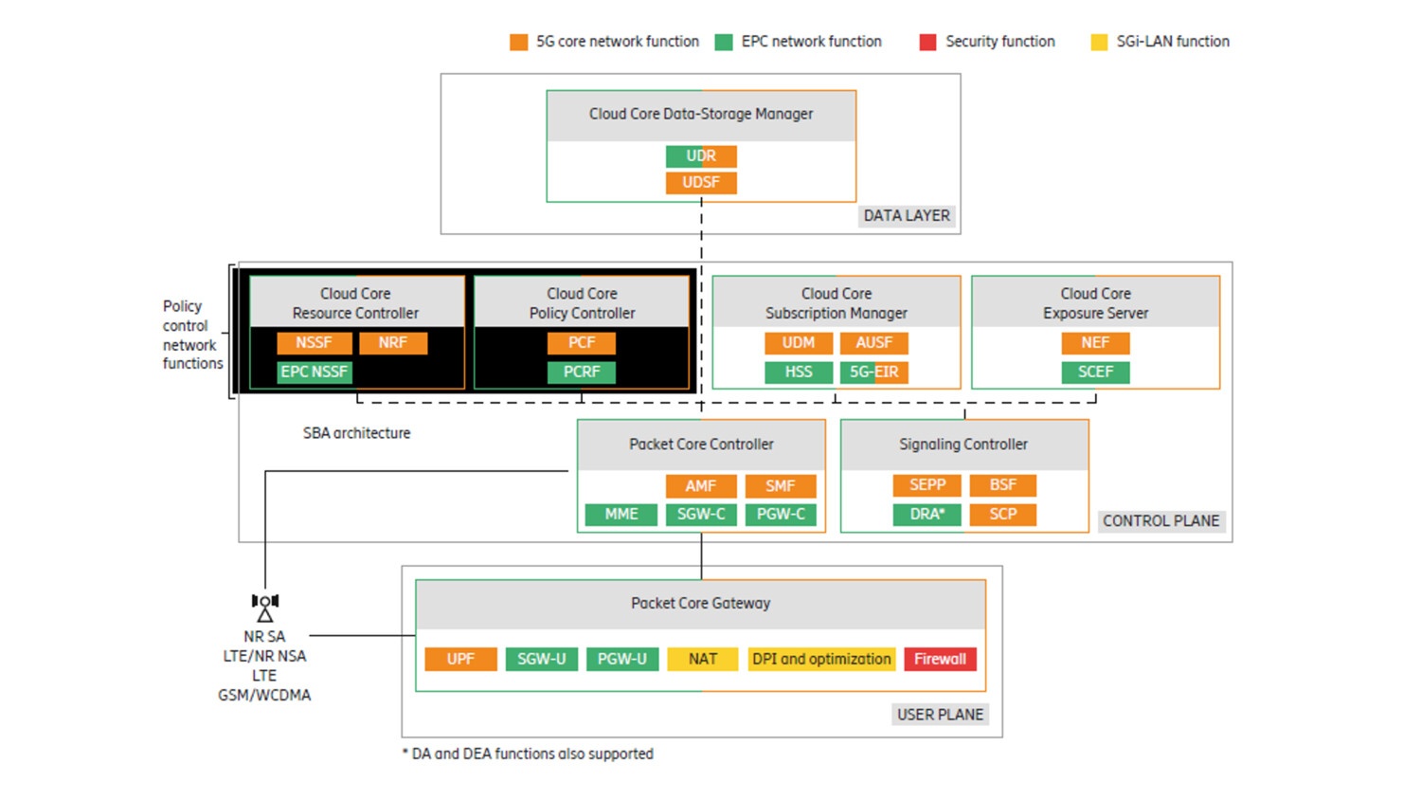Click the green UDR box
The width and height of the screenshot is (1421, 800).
tap(701, 156)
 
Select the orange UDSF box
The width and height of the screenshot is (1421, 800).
tap(701, 183)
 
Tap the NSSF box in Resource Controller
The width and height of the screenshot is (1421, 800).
tap(314, 343)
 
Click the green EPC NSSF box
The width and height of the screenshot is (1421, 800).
tap(315, 373)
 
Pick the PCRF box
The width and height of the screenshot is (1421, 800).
tap(582, 373)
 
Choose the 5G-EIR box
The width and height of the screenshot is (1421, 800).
tap(873, 373)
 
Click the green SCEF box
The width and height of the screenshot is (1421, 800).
tap(1095, 373)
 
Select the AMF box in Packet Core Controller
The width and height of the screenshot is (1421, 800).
tap(700, 486)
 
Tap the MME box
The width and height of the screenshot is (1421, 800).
tap(621, 515)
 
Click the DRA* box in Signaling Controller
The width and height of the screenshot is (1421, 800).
tap(926, 515)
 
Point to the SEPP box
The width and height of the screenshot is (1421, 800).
tap(926, 485)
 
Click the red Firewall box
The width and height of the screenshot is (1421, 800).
tap(940, 660)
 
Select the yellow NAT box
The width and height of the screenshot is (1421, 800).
tap(702, 660)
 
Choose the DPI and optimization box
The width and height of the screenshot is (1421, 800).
tap(821, 660)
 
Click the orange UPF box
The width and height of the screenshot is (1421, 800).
tap(460, 660)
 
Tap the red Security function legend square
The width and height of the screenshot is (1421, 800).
tap(927, 42)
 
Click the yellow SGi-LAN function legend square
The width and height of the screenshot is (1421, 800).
tap(1099, 42)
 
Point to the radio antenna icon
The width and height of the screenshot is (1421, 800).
tap(265, 607)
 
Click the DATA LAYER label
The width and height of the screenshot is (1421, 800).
tap(907, 216)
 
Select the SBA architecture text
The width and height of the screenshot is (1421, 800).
tap(357, 433)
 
